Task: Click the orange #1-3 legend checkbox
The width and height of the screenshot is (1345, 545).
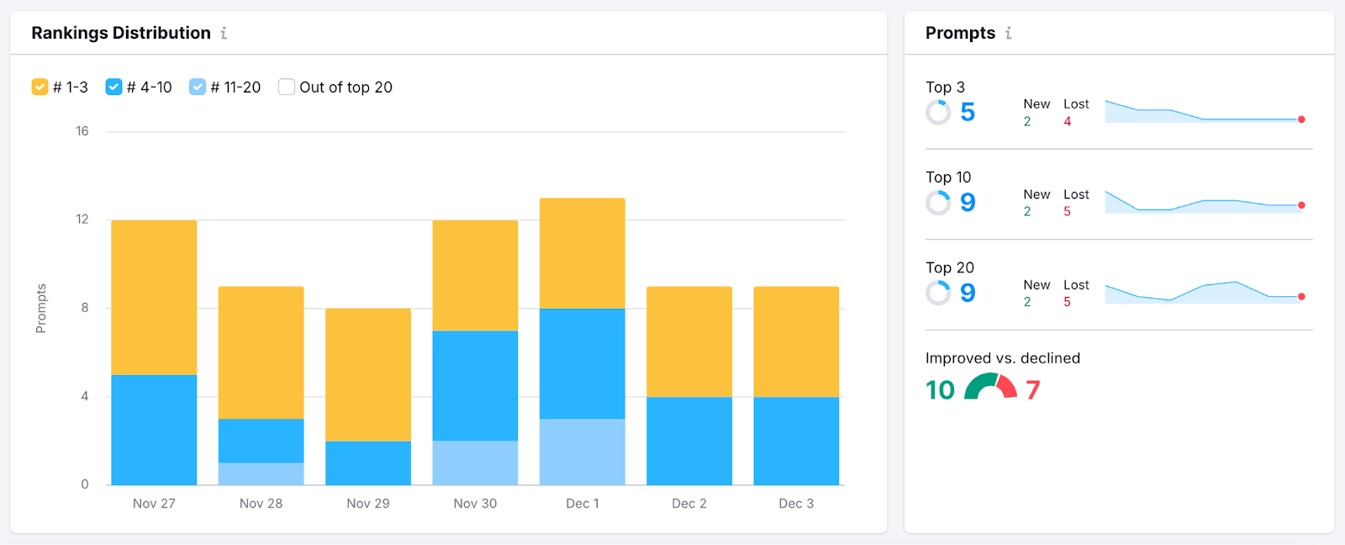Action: pyautogui.click(x=40, y=87)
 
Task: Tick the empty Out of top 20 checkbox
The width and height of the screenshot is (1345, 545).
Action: pyautogui.click(x=287, y=87)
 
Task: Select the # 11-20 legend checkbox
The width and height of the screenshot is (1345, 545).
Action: pyautogui.click(x=198, y=87)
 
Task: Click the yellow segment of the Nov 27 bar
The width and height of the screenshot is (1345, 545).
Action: pyautogui.click(x=154, y=297)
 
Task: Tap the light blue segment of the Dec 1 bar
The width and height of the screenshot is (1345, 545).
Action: pyautogui.click(x=582, y=452)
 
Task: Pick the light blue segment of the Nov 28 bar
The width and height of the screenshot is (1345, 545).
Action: pyautogui.click(x=261, y=474)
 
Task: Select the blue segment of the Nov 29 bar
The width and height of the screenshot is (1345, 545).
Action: pyautogui.click(x=368, y=463)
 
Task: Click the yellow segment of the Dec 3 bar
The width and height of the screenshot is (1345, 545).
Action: pyautogui.click(x=796, y=341)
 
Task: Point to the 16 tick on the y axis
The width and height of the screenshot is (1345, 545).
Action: pyautogui.click(x=82, y=131)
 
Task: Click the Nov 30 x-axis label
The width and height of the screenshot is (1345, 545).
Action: pyautogui.click(x=475, y=503)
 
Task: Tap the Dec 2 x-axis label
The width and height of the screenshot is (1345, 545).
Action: pyautogui.click(x=689, y=503)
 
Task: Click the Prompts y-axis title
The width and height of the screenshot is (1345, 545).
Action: pyautogui.click(x=40, y=309)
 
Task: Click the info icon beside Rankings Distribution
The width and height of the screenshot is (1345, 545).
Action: pyautogui.click(x=224, y=33)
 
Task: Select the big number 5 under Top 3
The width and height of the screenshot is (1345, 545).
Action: pyautogui.click(x=968, y=112)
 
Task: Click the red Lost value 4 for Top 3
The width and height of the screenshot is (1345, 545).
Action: pyautogui.click(x=1068, y=121)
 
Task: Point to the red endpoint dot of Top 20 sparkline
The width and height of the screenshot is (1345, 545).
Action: pyautogui.click(x=1301, y=297)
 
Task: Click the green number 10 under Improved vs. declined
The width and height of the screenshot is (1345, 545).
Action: pyautogui.click(x=940, y=389)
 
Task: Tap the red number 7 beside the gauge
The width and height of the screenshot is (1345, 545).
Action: pyautogui.click(x=1033, y=389)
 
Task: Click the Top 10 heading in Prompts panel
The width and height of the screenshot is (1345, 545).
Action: pyautogui.click(x=948, y=177)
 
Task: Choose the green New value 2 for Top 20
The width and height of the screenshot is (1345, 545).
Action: pyautogui.click(x=1027, y=302)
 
